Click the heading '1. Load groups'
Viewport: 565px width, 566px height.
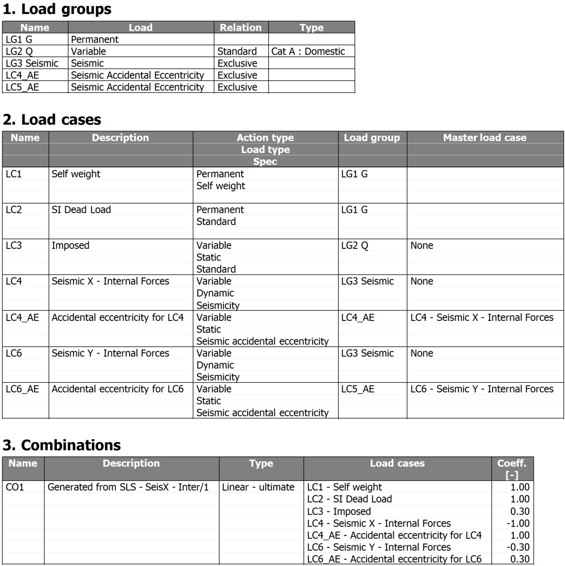57,9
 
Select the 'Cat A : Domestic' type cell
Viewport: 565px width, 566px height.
308,51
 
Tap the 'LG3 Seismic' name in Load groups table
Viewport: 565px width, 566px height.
32,63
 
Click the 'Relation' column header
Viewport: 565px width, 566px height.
240,27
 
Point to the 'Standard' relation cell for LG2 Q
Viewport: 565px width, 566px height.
237,51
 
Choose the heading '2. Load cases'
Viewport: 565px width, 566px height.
52,119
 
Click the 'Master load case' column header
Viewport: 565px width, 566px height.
485,138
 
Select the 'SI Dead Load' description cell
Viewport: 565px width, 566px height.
81,210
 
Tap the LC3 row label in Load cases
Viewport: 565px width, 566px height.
14,246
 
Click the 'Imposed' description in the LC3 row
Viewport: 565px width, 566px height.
70,246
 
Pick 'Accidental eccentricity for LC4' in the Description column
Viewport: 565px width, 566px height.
117,317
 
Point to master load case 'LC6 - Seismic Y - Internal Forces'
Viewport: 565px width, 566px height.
481,389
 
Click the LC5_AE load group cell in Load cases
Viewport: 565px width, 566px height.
357,389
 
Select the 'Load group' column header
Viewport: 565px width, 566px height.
372,138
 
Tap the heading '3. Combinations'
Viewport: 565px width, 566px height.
62,445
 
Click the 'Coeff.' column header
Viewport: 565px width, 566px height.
511,463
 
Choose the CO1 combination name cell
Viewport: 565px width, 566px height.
15,487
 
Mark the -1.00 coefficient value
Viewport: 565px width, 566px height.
518,523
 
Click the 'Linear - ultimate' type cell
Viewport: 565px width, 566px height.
258,487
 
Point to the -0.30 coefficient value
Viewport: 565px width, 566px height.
518,547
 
